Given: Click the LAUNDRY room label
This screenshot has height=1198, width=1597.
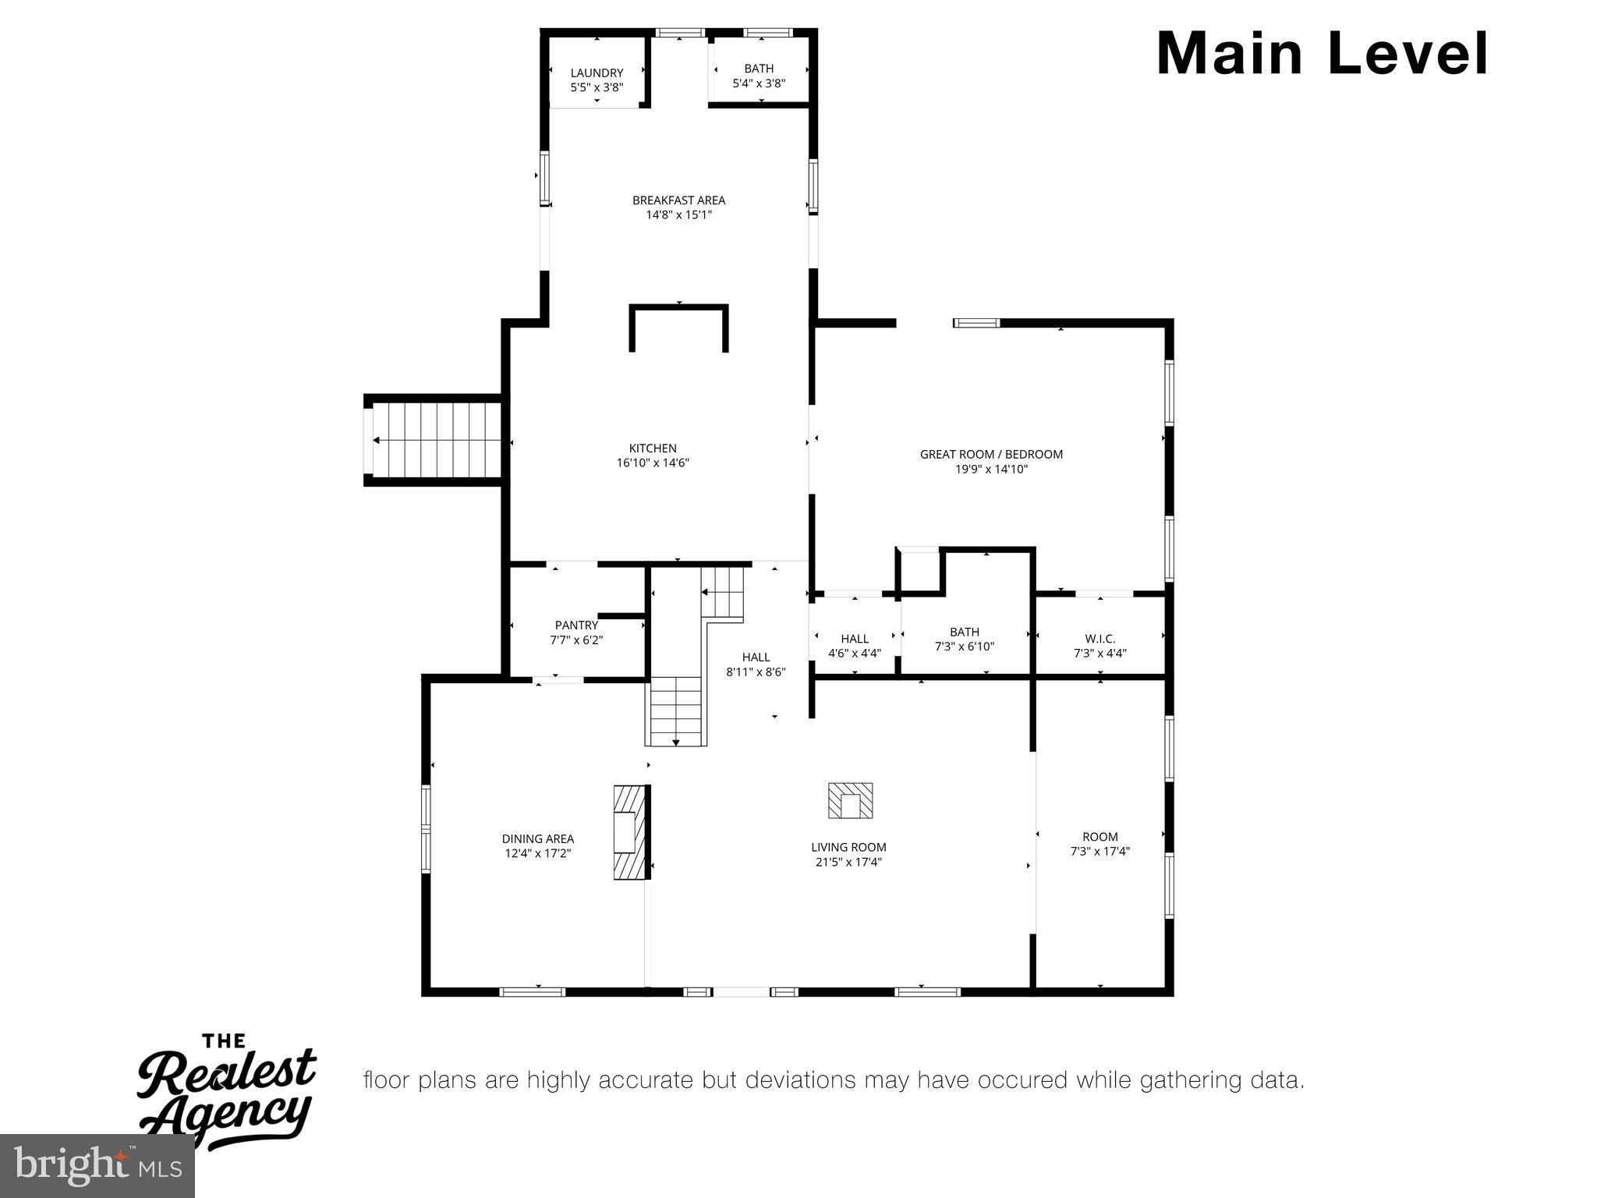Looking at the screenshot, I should pyautogui.click(x=597, y=73).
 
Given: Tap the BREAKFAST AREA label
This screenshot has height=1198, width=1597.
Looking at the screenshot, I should pyautogui.click(x=678, y=200).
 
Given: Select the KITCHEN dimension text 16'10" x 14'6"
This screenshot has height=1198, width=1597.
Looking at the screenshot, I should pyautogui.click(x=653, y=463).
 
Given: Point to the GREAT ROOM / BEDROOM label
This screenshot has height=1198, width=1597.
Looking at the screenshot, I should pyautogui.click(x=991, y=454).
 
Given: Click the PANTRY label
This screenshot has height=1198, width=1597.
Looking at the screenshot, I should pyautogui.click(x=576, y=625).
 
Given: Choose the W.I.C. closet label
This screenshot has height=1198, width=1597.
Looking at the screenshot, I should pyautogui.click(x=1099, y=639).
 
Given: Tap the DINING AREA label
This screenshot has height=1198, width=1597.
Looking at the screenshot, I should pyautogui.click(x=538, y=839).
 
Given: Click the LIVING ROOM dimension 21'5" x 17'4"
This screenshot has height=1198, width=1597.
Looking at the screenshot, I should pyautogui.click(x=848, y=862).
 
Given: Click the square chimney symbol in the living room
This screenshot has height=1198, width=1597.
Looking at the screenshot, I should pyautogui.click(x=850, y=801).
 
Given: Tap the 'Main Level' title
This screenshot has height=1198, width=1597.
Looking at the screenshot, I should pyautogui.click(x=1323, y=54).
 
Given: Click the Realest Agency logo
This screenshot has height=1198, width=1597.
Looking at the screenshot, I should pyautogui.click(x=226, y=1092).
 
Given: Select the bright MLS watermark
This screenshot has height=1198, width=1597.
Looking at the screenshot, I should pyautogui.click(x=97, y=1167).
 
